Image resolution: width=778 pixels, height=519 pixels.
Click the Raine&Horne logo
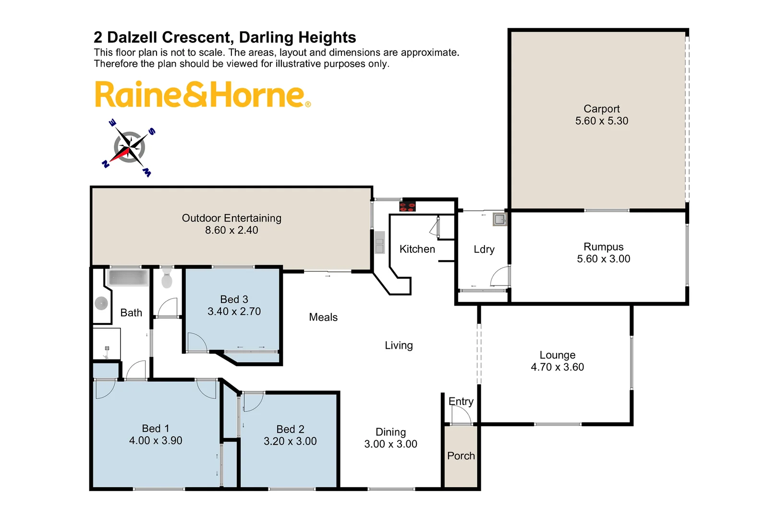coord(203,94)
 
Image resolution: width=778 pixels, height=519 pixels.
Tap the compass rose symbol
coord(129,147)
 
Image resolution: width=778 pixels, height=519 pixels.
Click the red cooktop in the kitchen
coord(407,207)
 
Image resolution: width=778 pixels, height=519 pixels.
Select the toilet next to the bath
coord(167,278)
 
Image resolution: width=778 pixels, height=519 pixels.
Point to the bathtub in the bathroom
coord(128,278)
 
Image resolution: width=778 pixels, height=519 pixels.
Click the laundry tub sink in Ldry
coord(499,220)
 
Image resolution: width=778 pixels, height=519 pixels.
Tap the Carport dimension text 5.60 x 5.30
coord(602,121)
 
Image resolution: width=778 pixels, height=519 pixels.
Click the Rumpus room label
coord(603,247)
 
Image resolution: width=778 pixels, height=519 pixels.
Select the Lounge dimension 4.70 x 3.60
coord(557,367)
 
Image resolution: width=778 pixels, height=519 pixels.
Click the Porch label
coord(461,456)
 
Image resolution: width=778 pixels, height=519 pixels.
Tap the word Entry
coord(461,401)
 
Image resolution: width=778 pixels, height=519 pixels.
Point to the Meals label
coord(323,317)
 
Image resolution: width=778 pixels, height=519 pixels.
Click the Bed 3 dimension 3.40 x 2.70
coord(234,311)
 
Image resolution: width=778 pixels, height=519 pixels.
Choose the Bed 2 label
coord(290,429)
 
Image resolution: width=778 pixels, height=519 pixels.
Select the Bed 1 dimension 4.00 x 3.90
coord(156,441)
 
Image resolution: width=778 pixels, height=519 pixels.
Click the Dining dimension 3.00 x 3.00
coord(390,444)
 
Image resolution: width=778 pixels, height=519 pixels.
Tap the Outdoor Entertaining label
coord(231,218)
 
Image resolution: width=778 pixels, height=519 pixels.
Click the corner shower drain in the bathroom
coord(101,303)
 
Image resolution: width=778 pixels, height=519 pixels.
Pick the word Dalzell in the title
coord(170,37)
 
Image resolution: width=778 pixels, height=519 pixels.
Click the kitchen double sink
coord(379,243)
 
